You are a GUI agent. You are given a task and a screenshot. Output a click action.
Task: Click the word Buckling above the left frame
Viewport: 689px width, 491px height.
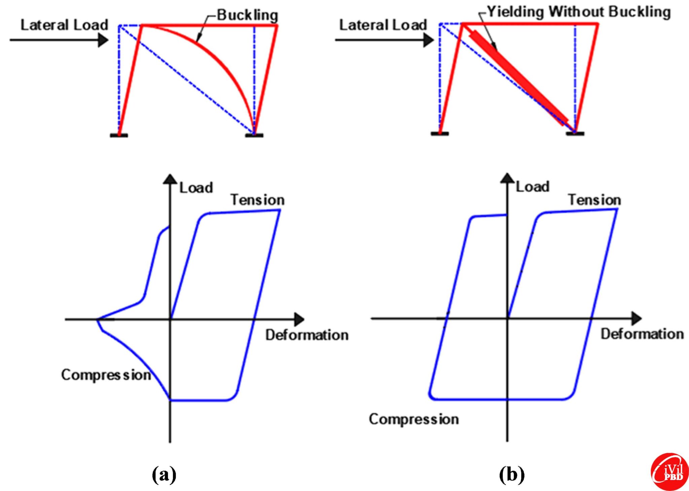click(x=247, y=15)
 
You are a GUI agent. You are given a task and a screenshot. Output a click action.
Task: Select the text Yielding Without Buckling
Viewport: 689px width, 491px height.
click(x=579, y=12)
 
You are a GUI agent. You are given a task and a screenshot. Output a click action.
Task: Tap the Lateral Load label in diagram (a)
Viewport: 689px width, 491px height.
click(x=64, y=25)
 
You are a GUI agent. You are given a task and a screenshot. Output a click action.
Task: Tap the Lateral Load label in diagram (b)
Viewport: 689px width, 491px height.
click(x=383, y=25)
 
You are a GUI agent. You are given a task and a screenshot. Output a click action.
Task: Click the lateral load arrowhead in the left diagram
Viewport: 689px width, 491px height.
click(x=103, y=40)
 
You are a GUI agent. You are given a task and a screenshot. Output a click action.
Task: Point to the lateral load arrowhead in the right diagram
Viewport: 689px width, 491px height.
click(x=428, y=40)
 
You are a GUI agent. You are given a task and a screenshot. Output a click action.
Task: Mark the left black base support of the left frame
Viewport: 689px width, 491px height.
click(x=119, y=135)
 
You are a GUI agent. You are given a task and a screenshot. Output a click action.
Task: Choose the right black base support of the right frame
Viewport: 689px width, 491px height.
click(x=575, y=134)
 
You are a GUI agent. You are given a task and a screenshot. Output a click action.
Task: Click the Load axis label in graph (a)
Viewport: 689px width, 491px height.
click(x=196, y=188)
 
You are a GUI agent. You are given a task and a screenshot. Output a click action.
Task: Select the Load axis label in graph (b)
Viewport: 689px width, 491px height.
click(x=533, y=187)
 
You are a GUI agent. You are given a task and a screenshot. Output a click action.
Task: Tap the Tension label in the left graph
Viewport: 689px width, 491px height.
click(x=257, y=200)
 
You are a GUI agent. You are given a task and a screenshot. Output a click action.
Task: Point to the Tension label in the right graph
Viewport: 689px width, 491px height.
click(x=594, y=200)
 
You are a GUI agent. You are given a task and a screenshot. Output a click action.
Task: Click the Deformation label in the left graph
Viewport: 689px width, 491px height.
click(x=307, y=335)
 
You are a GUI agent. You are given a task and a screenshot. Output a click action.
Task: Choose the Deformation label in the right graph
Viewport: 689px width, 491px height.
click(x=642, y=334)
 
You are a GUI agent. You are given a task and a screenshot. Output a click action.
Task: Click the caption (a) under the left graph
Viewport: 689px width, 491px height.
click(x=164, y=475)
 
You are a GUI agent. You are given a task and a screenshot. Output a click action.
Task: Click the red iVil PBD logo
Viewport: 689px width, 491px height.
click(x=670, y=471)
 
